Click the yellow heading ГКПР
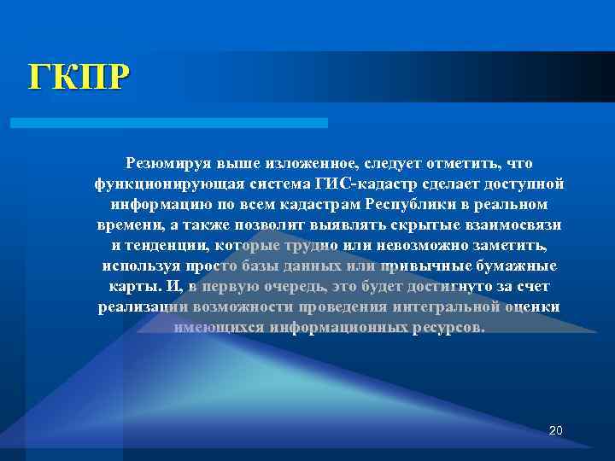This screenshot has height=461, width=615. [x=79, y=77]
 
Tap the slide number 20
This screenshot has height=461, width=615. [x=556, y=429]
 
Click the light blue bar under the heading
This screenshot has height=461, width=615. [x=168, y=123]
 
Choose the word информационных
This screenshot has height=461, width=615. [x=342, y=327]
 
